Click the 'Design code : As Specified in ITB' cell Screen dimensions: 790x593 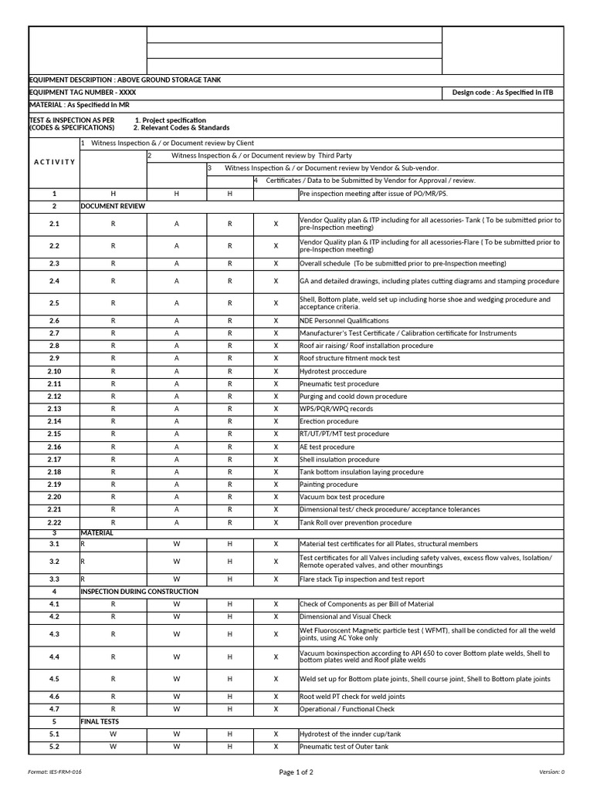click(x=503, y=93)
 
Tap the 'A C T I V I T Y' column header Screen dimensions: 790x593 click(x=54, y=162)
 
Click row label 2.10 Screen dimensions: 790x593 click(x=54, y=371)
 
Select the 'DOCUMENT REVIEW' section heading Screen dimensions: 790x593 click(x=112, y=207)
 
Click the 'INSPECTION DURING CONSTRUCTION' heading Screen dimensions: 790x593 click(x=139, y=592)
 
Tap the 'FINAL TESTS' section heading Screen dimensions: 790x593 click(x=100, y=721)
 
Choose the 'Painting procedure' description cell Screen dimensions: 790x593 click(x=329, y=484)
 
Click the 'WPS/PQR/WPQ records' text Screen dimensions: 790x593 click(x=336, y=409)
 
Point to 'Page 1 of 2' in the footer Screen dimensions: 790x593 click(x=296, y=771)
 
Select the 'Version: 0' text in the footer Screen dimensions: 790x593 click(x=551, y=771)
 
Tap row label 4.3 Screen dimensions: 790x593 click(x=54, y=634)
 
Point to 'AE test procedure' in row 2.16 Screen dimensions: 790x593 click(x=327, y=447)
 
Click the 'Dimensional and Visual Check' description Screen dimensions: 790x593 click(x=345, y=617)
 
